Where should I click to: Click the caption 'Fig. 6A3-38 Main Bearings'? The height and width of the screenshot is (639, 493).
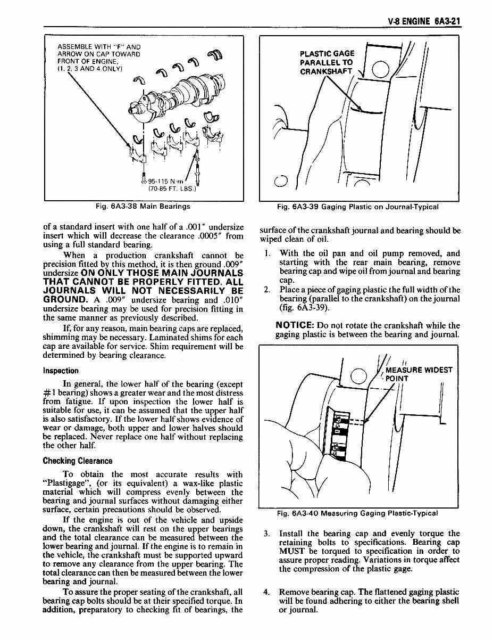point(144,207)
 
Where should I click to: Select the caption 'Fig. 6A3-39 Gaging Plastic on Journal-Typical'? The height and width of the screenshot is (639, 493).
point(358,207)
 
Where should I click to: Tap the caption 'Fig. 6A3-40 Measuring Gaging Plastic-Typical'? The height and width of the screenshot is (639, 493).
point(357,513)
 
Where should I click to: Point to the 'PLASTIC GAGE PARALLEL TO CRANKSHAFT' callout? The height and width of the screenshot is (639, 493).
point(327,62)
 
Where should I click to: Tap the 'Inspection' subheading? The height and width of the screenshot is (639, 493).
point(61,371)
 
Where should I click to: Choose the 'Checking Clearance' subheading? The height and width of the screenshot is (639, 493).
point(78,461)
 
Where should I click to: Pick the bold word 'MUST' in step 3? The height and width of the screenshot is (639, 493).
point(291,551)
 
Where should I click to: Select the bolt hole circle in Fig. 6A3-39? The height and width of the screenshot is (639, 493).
point(381,70)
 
